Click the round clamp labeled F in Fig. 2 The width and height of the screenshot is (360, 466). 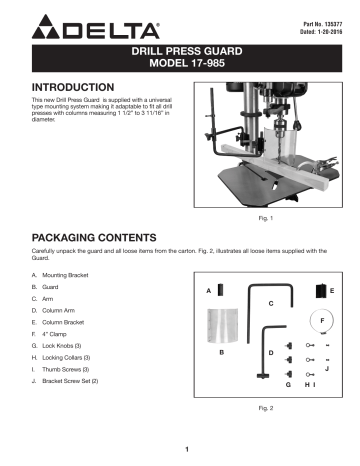pyautogui.click(x=323, y=320)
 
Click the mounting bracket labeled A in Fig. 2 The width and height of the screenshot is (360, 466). pyautogui.click(x=221, y=290)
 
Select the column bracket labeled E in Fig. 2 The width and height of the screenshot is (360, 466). pyautogui.click(x=320, y=290)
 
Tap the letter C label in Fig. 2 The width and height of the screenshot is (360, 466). pyautogui.click(x=271, y=301)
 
